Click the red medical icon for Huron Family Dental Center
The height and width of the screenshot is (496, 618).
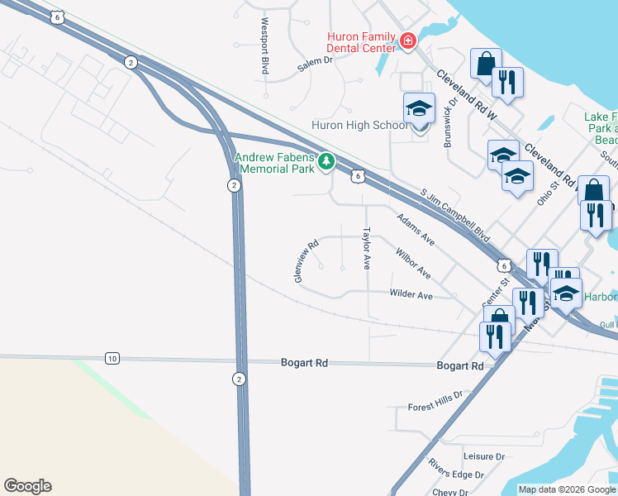point(406,41)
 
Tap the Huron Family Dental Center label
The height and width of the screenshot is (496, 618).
point(360,42)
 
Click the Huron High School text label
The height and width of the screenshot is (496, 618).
point(359,126)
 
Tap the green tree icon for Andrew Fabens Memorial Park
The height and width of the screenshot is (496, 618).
point(326,160)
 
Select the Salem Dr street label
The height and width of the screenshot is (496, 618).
point(315,66)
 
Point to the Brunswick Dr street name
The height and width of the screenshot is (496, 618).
point(450,123)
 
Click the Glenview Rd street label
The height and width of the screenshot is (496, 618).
point(306,262)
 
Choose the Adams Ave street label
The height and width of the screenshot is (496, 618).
point(415,229)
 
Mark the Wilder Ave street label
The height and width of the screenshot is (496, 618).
point(411,294)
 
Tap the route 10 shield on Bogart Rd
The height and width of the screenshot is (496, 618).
point(112,358)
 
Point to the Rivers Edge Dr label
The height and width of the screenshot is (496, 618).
point(455,474)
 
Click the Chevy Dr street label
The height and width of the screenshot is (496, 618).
point(450,492)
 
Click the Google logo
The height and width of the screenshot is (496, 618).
point(27,486)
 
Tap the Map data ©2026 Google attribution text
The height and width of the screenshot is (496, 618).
point(566,489)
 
